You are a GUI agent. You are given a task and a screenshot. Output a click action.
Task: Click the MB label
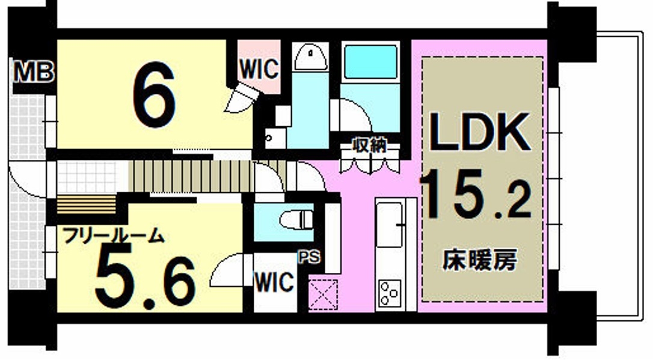click(34, 71)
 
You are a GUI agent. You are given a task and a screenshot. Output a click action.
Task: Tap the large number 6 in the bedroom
click(154, 94)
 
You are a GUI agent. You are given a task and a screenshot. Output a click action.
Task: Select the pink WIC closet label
click(259, 69)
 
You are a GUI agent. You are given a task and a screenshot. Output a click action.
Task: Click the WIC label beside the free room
click(274, 282)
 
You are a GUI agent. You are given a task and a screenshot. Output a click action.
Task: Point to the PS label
click(310, 257)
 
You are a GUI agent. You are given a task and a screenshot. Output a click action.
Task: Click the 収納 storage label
click(369, 145)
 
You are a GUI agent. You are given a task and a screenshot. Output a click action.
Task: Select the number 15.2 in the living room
click(476, 195)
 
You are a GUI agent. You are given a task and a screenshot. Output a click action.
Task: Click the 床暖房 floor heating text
click(480, 260)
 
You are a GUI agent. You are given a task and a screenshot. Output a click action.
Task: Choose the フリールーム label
click(113, 236)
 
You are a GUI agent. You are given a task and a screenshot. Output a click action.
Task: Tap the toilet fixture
click(296, 220)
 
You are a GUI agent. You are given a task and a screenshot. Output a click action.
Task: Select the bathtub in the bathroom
click(370, 62)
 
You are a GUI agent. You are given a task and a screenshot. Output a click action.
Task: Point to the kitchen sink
click(390, 225)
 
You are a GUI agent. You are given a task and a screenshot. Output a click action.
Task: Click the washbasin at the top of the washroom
click(310, 57)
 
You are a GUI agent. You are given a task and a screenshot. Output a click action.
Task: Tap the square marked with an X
click(323, 294)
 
